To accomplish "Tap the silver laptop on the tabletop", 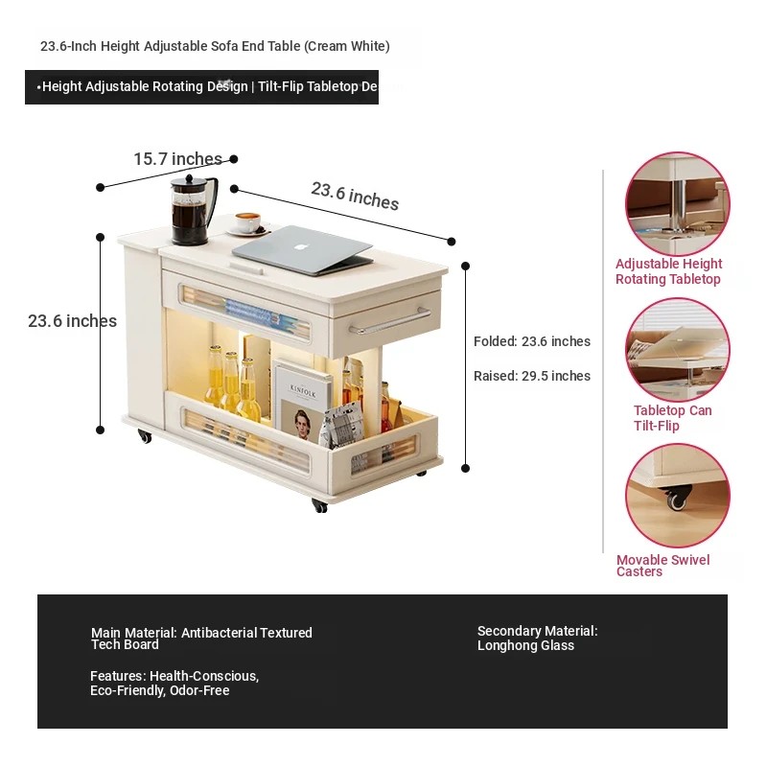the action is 303,250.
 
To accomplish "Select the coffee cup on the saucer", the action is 247,222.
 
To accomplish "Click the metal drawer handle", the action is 389,321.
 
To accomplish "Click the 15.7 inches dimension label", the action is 178,159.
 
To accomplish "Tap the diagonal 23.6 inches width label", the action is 355,196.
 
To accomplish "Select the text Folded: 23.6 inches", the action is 532,341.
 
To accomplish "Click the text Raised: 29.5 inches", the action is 532,376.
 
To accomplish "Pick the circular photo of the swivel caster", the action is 678,496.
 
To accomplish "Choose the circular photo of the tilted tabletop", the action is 678,350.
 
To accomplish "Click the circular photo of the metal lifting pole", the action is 678,203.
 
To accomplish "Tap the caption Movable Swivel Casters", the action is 662,566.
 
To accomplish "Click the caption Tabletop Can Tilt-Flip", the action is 673,418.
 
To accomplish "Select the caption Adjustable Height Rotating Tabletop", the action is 668,271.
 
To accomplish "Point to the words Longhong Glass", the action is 525,645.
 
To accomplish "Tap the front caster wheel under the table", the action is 319,506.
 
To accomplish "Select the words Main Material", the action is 133,633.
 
